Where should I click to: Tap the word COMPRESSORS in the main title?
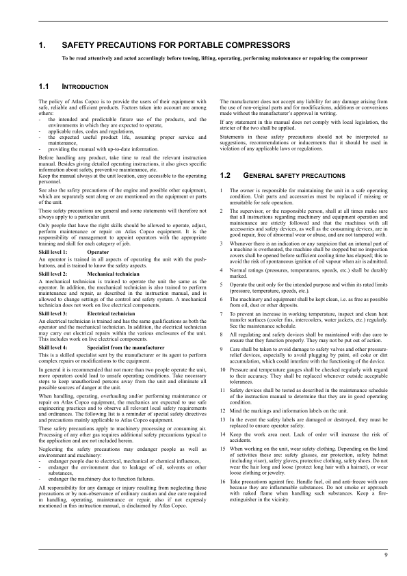pos(259,46)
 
